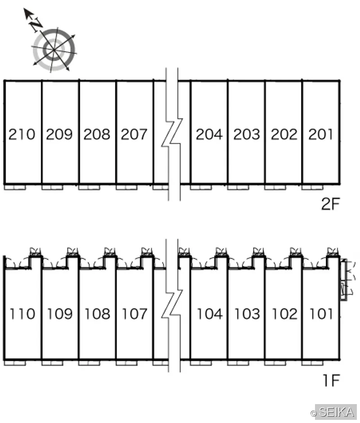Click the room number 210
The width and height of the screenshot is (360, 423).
point(22,135)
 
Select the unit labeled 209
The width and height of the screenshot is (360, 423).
point(59,135)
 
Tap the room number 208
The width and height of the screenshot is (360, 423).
point(97,135)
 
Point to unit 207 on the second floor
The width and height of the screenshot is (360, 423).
point(134,135)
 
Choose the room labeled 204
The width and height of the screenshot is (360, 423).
point(209,135)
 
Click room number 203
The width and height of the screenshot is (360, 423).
point(247,135)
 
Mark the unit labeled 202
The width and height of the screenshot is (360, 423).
point(284,135)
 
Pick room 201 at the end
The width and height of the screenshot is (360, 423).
point(320,135)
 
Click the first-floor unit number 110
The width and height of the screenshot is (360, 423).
point(22,314)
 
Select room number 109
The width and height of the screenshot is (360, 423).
point(60,314)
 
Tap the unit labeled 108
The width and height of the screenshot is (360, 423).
point(97,314)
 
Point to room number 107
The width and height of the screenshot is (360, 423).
point(135,314)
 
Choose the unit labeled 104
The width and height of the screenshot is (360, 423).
point(210,314)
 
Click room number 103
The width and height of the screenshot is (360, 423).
point(247,314)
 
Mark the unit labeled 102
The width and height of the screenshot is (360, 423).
point(285,314)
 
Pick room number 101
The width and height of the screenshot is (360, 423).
point(321,314)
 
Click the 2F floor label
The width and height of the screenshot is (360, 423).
point(330,204)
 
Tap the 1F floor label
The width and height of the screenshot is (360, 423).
point(331,380)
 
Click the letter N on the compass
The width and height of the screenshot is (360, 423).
point(36,25)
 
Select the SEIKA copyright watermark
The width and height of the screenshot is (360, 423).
point(333,412)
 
